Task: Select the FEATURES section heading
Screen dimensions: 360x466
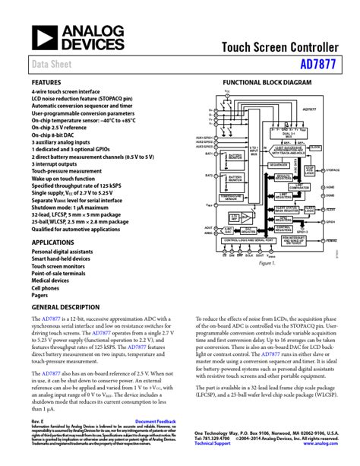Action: point(46,81)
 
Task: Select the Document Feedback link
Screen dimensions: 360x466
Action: point(155,421)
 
